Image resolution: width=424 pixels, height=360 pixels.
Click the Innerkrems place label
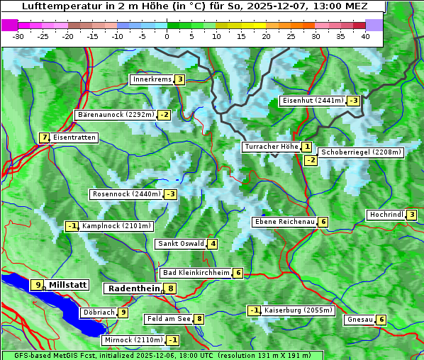[x=152, y=79]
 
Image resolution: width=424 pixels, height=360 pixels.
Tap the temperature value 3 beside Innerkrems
[x=179, y=79]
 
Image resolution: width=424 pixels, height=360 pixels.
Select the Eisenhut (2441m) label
[x=313, y=101]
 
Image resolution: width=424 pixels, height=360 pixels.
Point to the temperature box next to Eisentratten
[x=44, y=137]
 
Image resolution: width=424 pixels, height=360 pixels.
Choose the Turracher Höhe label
[x=271, y=147]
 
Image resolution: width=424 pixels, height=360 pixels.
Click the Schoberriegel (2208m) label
[x=361, y=152]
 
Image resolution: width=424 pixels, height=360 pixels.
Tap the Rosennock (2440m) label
[x=125, y=194]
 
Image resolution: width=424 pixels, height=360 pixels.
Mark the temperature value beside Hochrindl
[x=411, y=215]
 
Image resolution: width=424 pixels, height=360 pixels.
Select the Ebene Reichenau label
[x=284, y=222]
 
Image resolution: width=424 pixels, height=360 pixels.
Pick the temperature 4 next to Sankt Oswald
[x=212, y=244]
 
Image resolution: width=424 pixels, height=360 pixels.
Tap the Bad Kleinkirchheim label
[x=196, y=273]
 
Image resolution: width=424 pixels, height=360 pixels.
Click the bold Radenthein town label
[x=133, y=288]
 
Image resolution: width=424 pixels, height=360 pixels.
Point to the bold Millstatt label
[x=68, y=285]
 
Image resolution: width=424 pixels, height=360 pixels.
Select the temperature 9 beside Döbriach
[x=123, y=312]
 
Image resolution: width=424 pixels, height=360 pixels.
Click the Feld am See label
[x=169, y=319]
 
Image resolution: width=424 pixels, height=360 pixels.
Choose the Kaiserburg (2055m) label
[x=298, y=310]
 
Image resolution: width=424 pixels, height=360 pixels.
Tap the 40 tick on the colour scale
[x=365, y=36]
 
